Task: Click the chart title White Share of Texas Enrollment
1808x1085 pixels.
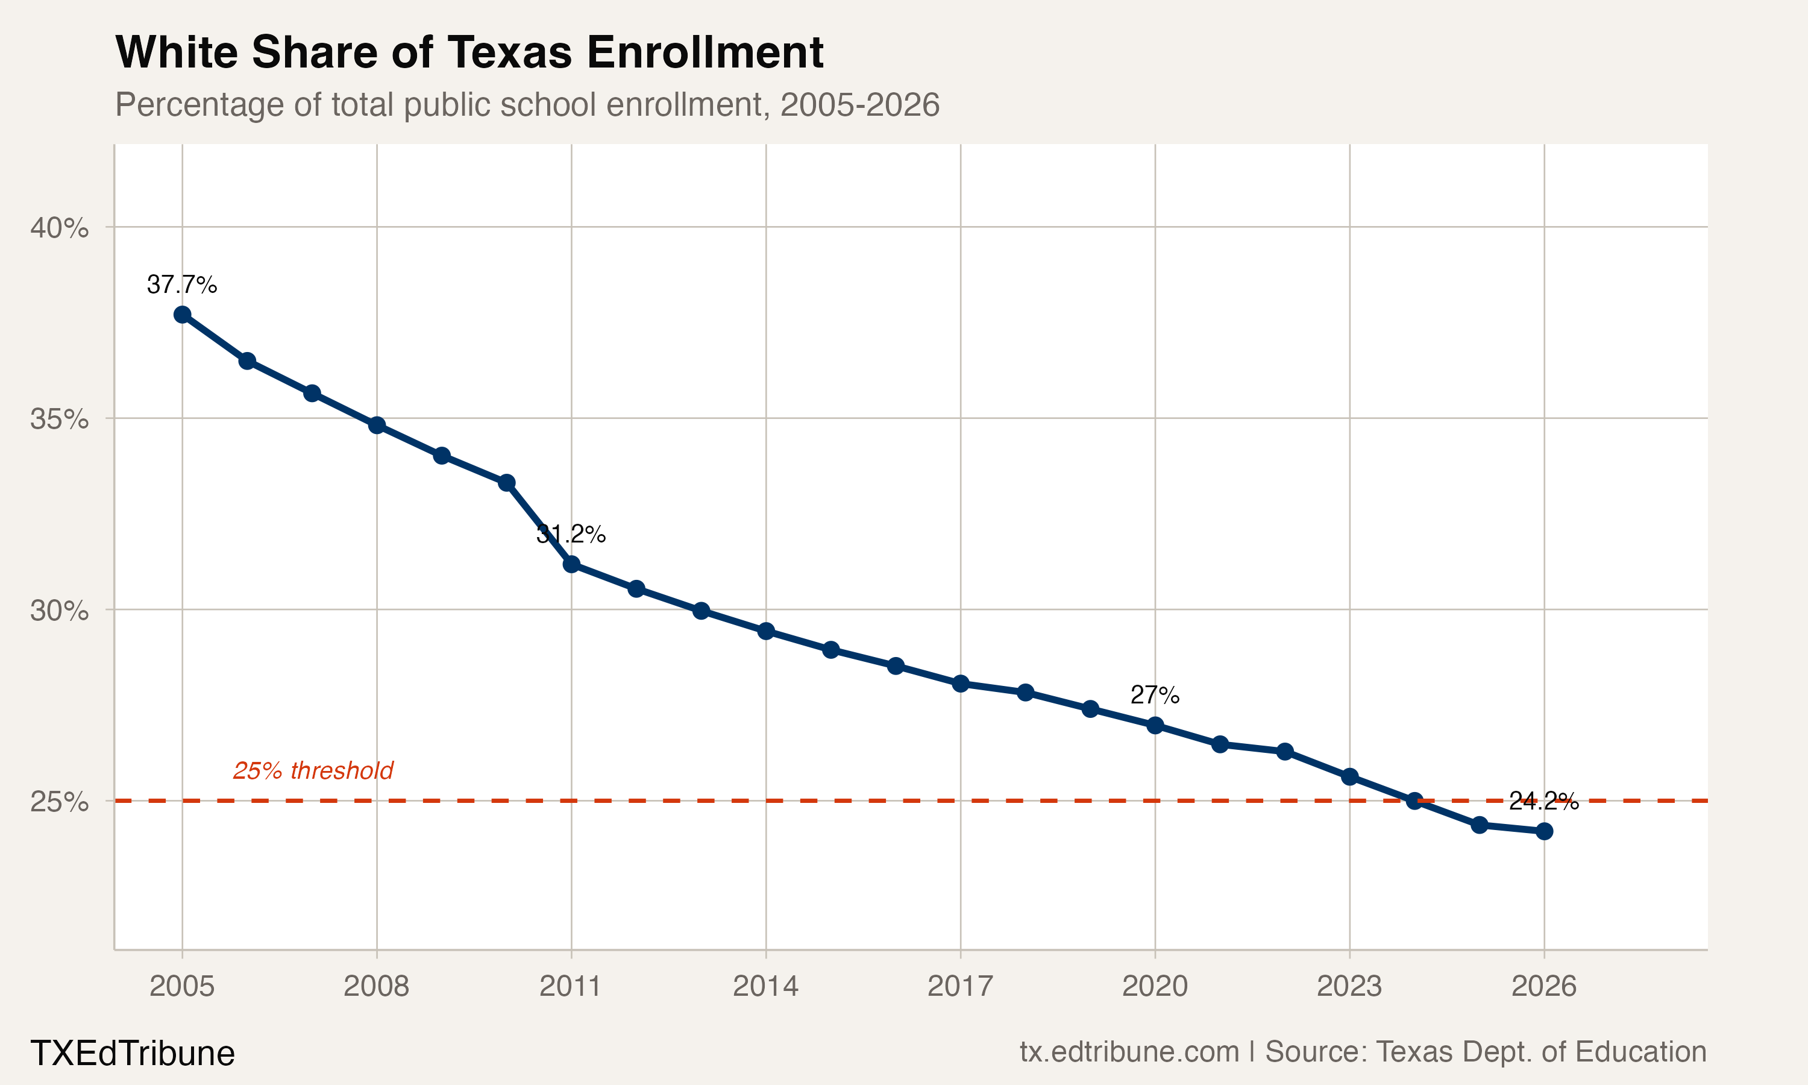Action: coord(469,52)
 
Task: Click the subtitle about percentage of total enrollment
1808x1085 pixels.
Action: coord(527,104)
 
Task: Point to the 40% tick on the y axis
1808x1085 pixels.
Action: coord(59,227)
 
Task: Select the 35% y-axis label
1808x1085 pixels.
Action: coord(59,419)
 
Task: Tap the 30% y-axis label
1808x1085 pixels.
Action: coord(59,610)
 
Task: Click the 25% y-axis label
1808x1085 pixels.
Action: coord(59,801)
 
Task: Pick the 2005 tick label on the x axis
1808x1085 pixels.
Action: coord(182,986)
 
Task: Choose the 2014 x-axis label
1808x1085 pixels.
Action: coord(765,986)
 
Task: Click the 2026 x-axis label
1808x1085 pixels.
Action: coord(1543,986)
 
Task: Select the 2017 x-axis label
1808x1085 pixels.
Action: coord(960,986)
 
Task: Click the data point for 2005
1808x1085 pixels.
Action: coord(182,315)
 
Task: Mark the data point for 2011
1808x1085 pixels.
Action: coord(571,564)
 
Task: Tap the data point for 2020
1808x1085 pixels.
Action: coord(1155,725)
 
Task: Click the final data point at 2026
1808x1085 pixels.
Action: coord(1544,831)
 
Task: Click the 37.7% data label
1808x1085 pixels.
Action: coord(182,285)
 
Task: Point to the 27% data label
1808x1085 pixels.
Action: coord(1155,694)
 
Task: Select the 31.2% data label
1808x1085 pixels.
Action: coord(571,535)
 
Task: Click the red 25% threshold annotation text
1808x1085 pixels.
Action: coord(313,770)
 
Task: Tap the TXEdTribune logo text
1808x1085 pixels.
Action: coord(132,1054)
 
